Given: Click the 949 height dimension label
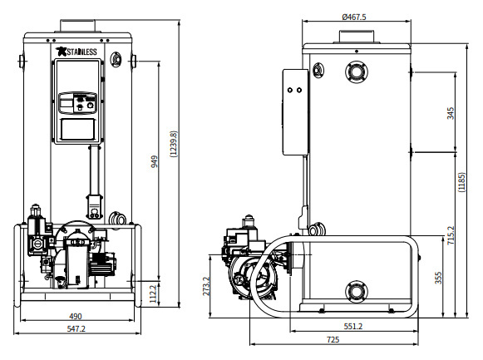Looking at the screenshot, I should pyautogui.click(x=155, y=161).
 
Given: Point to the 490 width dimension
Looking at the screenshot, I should pyautogui.click(x=75, y=316).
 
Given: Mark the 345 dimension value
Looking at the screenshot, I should pyautogui.click(x=451, y=113).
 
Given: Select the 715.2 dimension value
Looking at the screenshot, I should pyautogui.click(x=451, y=235).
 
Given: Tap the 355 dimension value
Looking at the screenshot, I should pyautogui.click(x=439, y=276).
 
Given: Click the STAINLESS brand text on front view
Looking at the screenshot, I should pyautogui.click(x=81, y=52).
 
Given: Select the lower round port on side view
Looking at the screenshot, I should pyautogui.click(x=357, y=290).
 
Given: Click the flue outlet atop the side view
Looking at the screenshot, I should pyautogui.click(x=357, y=36).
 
